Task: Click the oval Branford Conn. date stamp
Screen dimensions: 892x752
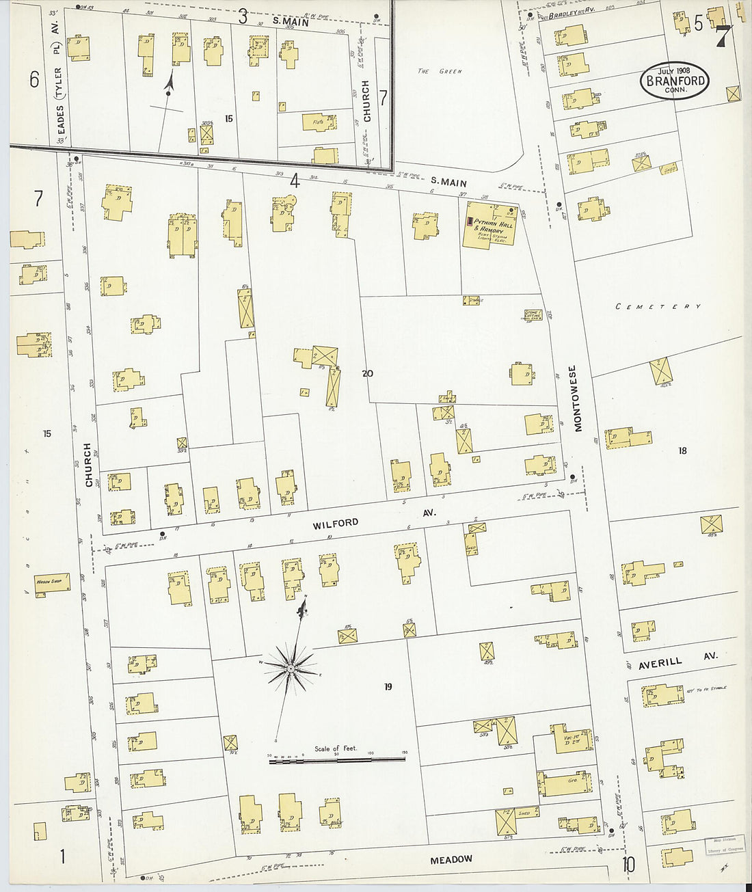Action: click(x=674, y=81)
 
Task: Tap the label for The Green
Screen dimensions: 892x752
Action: click(x=440, y=71)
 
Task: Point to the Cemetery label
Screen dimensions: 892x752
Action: click(x=658, y=307)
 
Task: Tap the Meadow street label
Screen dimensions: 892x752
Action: click(x=451, y=859)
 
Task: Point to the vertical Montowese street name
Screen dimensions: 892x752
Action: click(x=578, y=398)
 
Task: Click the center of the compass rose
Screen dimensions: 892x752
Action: click(x=291, y=667)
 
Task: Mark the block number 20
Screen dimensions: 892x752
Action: click(x=368, y=374)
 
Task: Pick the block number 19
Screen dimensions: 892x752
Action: click(x=388, y=687)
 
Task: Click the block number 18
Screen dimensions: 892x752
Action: click(x=682, y=450)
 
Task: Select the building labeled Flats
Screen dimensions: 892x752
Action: click(x=319, y=122)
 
